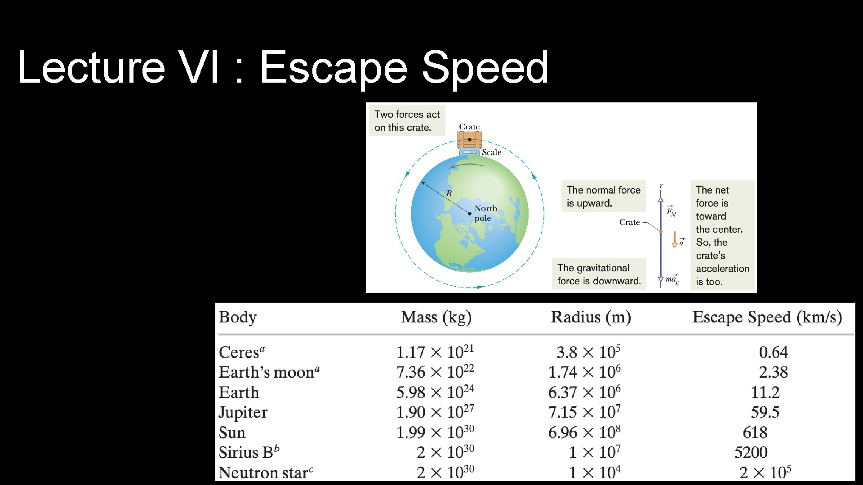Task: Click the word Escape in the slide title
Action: click(333, 68)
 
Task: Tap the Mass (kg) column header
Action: click(436, 317)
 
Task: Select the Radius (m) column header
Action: click(591, 317)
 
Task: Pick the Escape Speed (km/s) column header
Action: click(767, 317)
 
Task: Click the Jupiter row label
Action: click(243, 412)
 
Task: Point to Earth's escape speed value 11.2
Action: click(765, 392)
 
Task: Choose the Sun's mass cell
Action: click(435, 432)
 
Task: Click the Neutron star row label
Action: click(265, 472)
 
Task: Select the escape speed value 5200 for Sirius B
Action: click(751, 452)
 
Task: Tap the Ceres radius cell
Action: click(588, 352)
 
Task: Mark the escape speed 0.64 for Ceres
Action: click(773, 352)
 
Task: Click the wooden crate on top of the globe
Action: click(469, 140)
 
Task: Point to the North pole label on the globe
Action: click(485, 213)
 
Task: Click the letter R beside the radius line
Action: click(449, 194)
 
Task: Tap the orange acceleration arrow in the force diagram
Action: click(674, 239)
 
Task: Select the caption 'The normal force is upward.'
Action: click(603, 196)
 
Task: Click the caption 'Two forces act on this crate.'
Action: click(407, 121)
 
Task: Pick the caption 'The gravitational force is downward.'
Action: click(599, 274)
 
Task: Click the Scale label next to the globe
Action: click(491, 152)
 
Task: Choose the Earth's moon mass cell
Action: click(435, 372)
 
